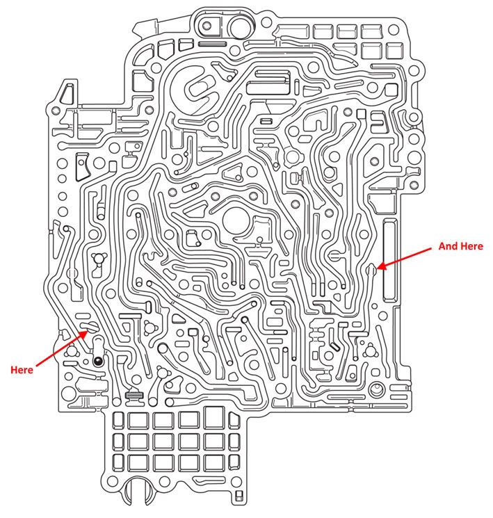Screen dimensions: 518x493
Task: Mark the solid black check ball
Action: [x=99, y=361]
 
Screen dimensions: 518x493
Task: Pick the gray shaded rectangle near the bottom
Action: [x=134, y=395]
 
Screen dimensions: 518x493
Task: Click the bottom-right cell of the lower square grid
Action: [x=213, y=462]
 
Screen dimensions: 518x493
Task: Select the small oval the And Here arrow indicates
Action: [x=373, y=268]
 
